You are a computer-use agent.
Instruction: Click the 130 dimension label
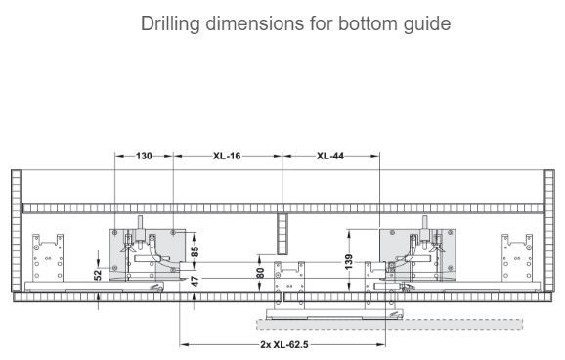click(x=144, y=156)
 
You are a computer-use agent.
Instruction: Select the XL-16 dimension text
click(x=227, y=156)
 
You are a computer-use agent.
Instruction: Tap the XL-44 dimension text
click(x=330, y=156)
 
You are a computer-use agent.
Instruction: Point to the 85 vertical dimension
click(x=195, y=251)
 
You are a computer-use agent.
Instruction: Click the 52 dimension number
click(x=98, y=275)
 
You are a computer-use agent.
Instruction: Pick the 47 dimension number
click(x=195, y=281)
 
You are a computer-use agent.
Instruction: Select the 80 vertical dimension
click(x=260, y=273)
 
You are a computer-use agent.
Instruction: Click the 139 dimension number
click(x=348, y=262)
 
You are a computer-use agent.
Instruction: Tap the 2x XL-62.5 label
click(x=284, y=345)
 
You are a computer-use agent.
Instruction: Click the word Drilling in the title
click(x=170, y=23)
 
